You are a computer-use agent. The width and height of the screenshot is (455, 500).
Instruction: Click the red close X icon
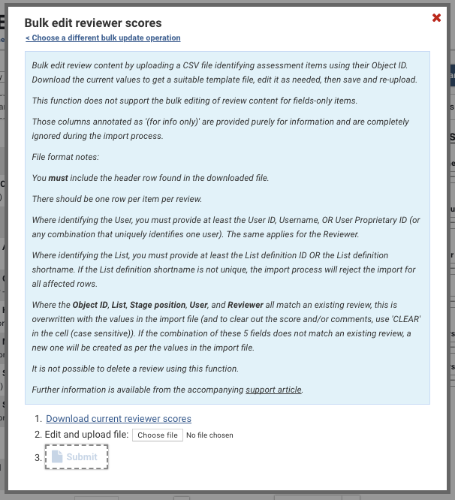[x=436, y=18]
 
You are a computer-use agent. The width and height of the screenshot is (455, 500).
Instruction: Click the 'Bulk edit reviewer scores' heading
[x=93, y=23]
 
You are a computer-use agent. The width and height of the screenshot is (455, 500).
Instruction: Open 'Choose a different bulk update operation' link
[x=103, y=38]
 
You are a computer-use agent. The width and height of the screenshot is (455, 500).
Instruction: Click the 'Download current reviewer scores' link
[x=119, y=419]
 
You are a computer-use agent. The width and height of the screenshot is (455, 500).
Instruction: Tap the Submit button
[x=77, y=456]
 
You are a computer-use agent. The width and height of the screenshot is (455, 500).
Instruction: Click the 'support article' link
[x=273, y=390]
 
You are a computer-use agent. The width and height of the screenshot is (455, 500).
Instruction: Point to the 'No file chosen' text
[x=209, y=435]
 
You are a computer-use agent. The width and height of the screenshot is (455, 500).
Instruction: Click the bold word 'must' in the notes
[x=58, y=178]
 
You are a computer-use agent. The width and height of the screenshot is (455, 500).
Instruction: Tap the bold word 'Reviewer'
[x=247, y=306]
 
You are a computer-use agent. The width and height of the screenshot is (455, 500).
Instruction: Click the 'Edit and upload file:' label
[x=86, y=435]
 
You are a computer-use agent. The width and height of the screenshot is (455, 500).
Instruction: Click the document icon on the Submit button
[x=57, y=456]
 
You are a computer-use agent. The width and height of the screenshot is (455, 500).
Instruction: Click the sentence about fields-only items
[x=188, y=100]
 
